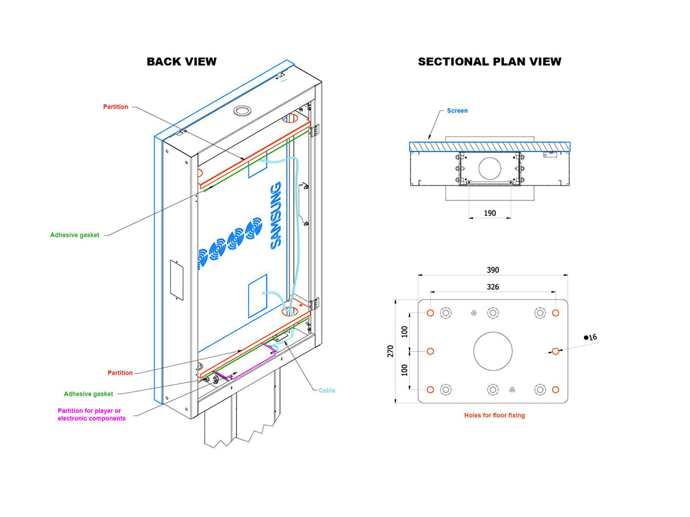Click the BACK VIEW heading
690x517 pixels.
(x=181, y=61)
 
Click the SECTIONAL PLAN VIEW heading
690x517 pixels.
(x=489, y=61)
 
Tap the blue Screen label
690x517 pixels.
(x=457, y=111)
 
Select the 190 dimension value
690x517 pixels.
(x=490, y=213)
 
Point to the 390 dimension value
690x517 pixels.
(x=493, y=270)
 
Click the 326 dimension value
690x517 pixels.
(x=493, y=287)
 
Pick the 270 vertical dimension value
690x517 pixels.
(x=390, y=351)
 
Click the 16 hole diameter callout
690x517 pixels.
(x=590, y=337)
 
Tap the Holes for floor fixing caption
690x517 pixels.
(x=494, y=415)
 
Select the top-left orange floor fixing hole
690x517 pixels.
(x=431, y=313)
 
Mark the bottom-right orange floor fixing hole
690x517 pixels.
(x=556, y=389)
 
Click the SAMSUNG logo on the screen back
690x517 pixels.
(x=275, y=216)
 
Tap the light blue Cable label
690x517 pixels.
(x=327, y=391)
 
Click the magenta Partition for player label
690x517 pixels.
(x=91, y=415)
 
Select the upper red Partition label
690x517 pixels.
(x=116, y=107)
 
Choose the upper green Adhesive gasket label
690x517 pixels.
(x=75, y=235)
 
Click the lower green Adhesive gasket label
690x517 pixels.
(x=88, y=394)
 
